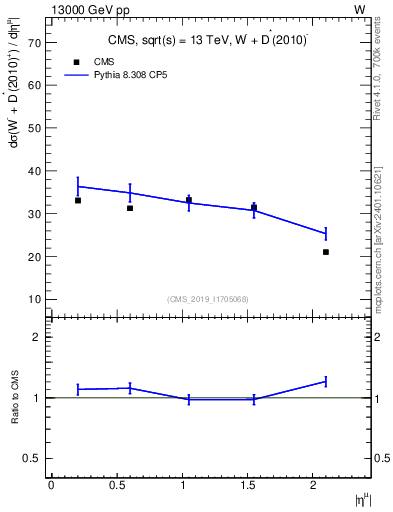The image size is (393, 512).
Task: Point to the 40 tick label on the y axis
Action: (x=33, y=172)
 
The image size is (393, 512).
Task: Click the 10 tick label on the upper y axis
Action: (x=33, y=299)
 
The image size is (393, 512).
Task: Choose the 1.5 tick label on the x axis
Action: (x=247, y=485)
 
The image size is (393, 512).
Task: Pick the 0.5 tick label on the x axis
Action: (x=116, y=485)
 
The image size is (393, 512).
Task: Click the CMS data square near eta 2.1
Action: (x=326, y=252)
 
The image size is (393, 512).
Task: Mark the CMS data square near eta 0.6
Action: (x=130, y=208)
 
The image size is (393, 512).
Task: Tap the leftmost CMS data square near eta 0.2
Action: (x=78, y=201)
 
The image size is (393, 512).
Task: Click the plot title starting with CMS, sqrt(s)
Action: (x=208, y=41)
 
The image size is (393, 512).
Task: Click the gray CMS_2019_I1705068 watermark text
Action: (x=208, y=298)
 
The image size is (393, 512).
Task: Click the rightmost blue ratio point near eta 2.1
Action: (x=326, y=381)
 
